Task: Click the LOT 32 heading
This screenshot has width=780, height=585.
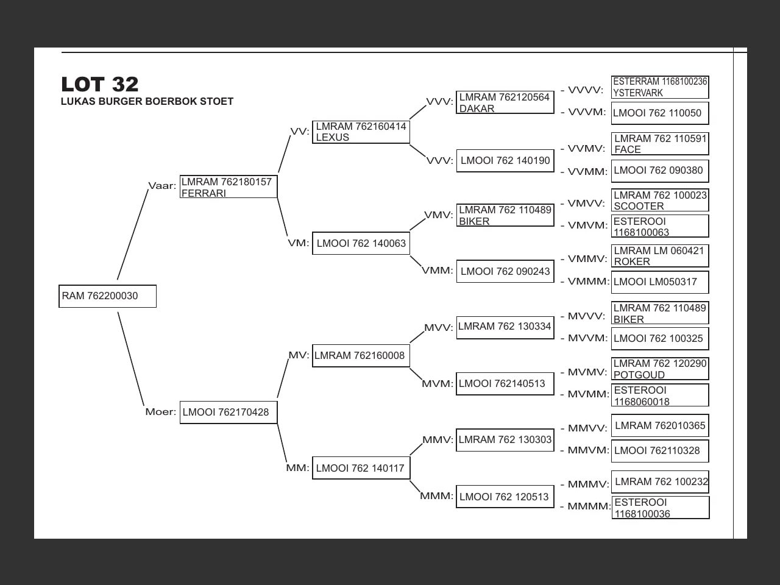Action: pyautogui.click(x=100, y=84)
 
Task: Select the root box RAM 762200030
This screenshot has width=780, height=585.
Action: pyautogui.click(x=107, y=296)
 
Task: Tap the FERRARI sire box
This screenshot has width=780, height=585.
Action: pyautogui.click(x=229, y=187)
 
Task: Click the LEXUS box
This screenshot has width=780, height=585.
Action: pyautogui.click(x=361, y=132)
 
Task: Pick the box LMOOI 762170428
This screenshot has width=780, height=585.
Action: pyautogui.click(x=229, y=413)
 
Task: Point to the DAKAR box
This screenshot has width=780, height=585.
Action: pyautogui.click(x=505, y=102)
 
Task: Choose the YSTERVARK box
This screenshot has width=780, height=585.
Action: pyautogui.click(x=660, y=87)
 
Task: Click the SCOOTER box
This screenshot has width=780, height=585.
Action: pyautogui.click(x=660, y=200)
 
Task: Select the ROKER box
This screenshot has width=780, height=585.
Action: pyautogui.click(x=660, y=256)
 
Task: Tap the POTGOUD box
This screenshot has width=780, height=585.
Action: pyautogui.click(x=660, y=369)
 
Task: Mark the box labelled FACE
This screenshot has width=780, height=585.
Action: pyautogui.click(x=660, y=144)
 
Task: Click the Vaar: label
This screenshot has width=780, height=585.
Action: pyautogui.click(x=162, y=186)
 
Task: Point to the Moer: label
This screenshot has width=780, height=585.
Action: pyautogui.click(x=161, y=412)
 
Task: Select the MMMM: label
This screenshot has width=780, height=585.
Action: pyautogui.click(x=589, y=506)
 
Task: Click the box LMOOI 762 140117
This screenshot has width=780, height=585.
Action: pyautogui.click(x=361, y=468)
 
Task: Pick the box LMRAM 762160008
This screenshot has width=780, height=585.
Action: pyautogui.click(x=361, y=356)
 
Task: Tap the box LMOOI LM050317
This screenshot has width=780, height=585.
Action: pyautogui.click(x=660, y=282)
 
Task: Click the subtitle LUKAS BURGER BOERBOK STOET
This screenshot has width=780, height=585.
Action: pyautogui.click(x=147, y=102)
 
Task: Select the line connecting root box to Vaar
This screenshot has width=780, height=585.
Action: pyautogui.click(x=133, y=234)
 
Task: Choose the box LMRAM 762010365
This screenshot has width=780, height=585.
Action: pyautogui.click(x=660, y=426)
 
